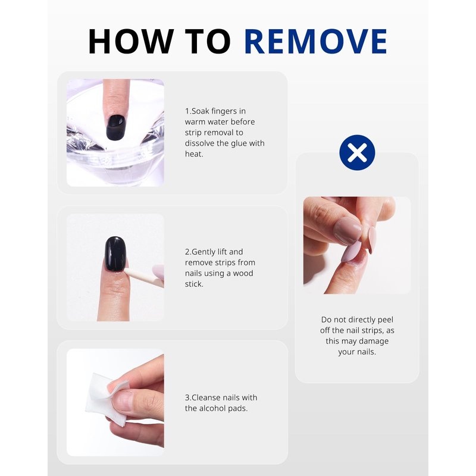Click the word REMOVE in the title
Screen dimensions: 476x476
315,41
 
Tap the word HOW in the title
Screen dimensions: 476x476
131,41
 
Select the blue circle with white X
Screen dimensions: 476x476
357,152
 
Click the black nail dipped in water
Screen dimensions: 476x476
116,127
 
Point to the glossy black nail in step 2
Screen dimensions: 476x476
115,254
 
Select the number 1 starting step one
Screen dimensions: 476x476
187,111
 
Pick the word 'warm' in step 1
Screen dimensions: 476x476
195,122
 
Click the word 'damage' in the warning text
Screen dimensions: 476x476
373,341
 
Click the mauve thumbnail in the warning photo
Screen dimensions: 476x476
347,231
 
